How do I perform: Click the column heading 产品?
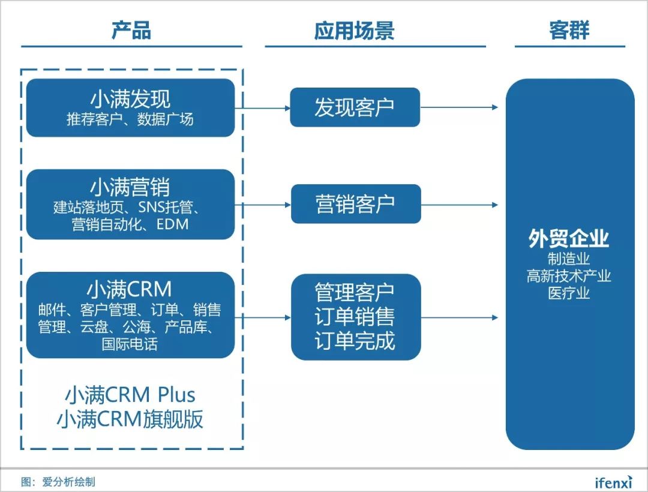(x=131, y=31)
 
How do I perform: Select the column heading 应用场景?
(x=354, y=31)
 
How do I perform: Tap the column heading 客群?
(x=569, y=31)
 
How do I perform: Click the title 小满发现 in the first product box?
(x=130, y=99)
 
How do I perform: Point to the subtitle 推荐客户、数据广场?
(x=130, y=119)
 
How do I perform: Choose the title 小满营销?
(x=130, y=187)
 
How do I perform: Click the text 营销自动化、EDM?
(x=130, y=224)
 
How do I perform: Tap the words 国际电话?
(x=130, y=345)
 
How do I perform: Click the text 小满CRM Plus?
(x=130, y=395)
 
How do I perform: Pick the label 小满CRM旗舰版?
(x=130, y=419)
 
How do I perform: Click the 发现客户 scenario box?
(x=355, y=107)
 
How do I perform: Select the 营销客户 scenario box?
(x=355, y=204)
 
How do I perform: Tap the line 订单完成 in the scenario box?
(x=355, y=340)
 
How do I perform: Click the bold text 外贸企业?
(x=569, y=239)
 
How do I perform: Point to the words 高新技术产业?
(x=569, y=276)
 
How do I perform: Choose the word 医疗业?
(x=569, y=293)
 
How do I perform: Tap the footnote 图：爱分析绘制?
(x=58, y=481)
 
